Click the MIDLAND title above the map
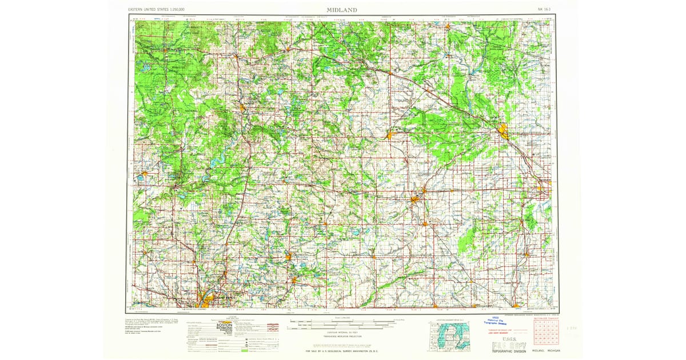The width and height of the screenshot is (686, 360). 342,9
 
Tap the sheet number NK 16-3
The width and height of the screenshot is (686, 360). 545,10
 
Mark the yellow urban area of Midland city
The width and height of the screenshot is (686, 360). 504,131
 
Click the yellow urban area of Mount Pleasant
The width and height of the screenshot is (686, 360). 390,136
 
